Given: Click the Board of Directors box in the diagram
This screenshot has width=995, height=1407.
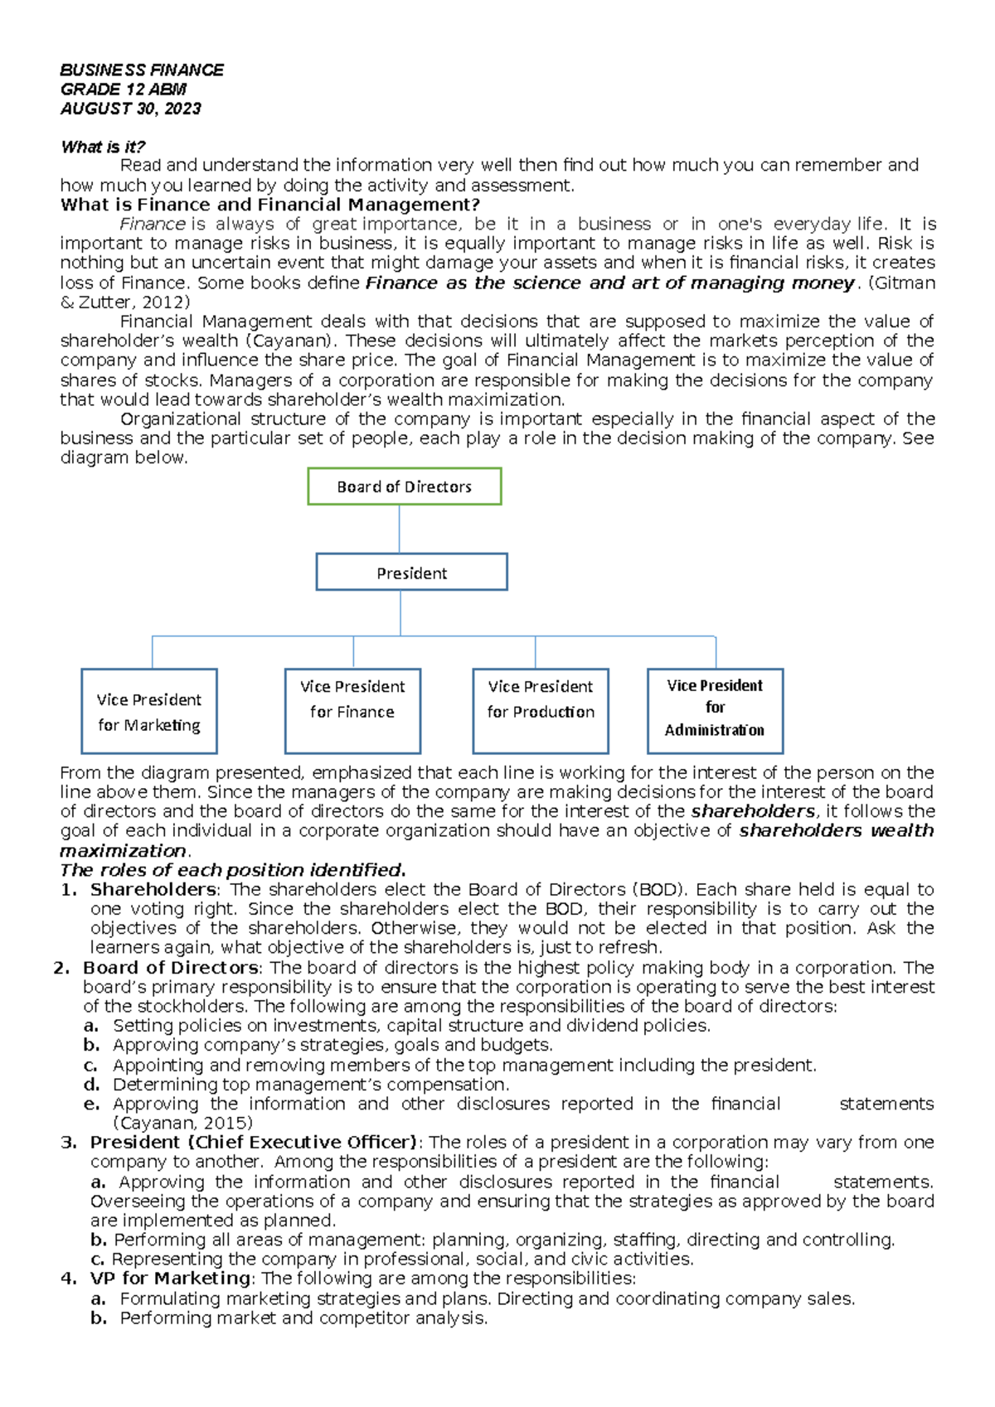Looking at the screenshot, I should coord(405,486).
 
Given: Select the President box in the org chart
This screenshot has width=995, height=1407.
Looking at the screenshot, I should coord(411,573).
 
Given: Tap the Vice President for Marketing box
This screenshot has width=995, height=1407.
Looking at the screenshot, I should coord(149,712).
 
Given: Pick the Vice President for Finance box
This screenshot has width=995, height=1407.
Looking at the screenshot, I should coord(352,711).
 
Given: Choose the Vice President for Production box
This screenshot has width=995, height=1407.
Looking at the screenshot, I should coord(541,711).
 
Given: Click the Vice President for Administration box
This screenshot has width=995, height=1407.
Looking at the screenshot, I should coord(715,711).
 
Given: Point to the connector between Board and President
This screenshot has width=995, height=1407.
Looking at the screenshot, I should coord(400,529).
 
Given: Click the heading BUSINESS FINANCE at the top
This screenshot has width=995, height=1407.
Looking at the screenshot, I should coord(142,70).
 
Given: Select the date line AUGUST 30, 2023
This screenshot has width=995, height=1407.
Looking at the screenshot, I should coord(130,109).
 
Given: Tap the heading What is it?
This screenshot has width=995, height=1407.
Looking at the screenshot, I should coord(103,147).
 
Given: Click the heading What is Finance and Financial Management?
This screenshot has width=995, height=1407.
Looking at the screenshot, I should coord(270,205).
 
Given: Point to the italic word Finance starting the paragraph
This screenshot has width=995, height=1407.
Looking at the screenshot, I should coord(152,224).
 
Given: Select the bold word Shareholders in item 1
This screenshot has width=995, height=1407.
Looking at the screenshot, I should coord(153,889).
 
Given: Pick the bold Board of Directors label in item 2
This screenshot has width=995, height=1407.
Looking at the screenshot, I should coord(170,967).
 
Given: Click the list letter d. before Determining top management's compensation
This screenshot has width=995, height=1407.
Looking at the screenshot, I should coord(91,1084).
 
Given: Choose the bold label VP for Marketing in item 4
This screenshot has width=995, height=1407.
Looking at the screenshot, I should coord(170,1278).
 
